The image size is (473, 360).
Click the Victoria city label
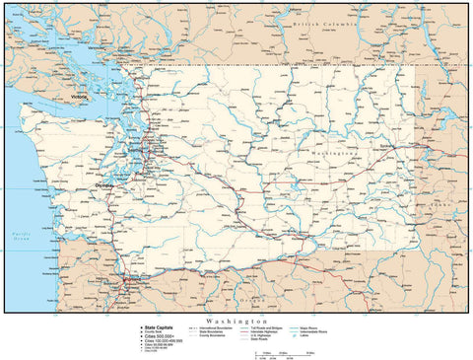[80, 98]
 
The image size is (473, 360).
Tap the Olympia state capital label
[101, 184]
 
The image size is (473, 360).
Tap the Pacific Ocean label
[18, 236]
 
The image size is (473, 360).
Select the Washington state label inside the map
[333, 155]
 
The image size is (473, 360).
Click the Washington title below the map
[236, 321]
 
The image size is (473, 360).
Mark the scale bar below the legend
[281, 354]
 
